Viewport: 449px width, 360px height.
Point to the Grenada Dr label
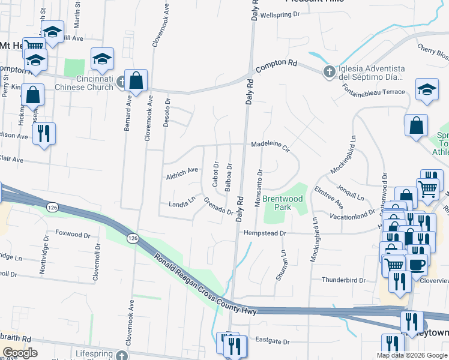pos(218,206)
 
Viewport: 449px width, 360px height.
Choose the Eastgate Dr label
pos(273,342)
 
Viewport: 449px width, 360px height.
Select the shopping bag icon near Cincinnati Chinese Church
pos(137,81)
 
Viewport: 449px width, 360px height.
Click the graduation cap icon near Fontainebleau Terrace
pos(427,90)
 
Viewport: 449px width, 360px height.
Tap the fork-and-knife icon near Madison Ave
pos(43,133)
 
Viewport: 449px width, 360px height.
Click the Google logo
pos(20,353)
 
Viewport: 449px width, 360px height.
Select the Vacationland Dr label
pos(355,217)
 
